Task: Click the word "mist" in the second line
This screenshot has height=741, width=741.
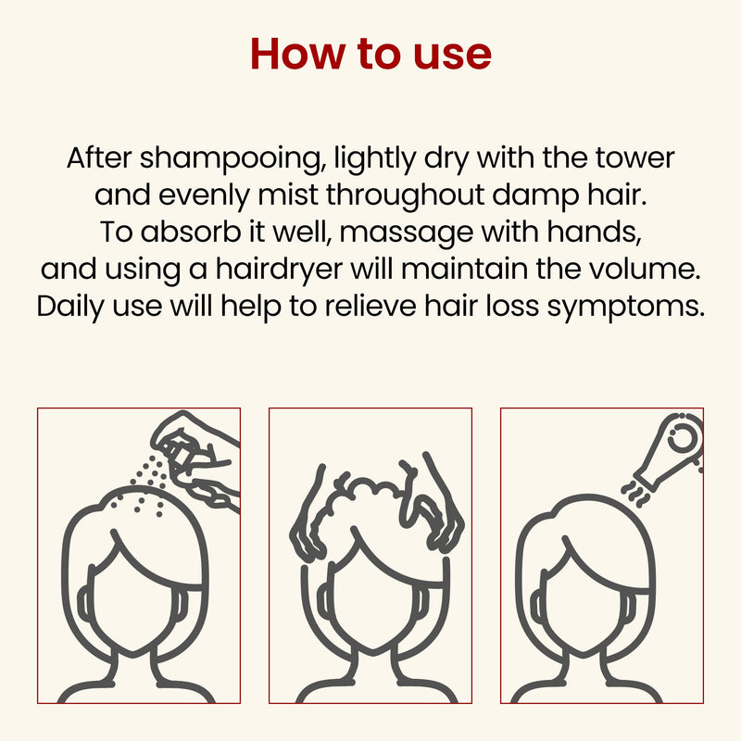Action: [x=288, y=195]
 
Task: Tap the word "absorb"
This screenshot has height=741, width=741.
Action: [x=191, y=232]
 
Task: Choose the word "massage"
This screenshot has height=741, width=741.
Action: [x=406, y=233]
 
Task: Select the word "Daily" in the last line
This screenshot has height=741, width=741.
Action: [x=70, y=308]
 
